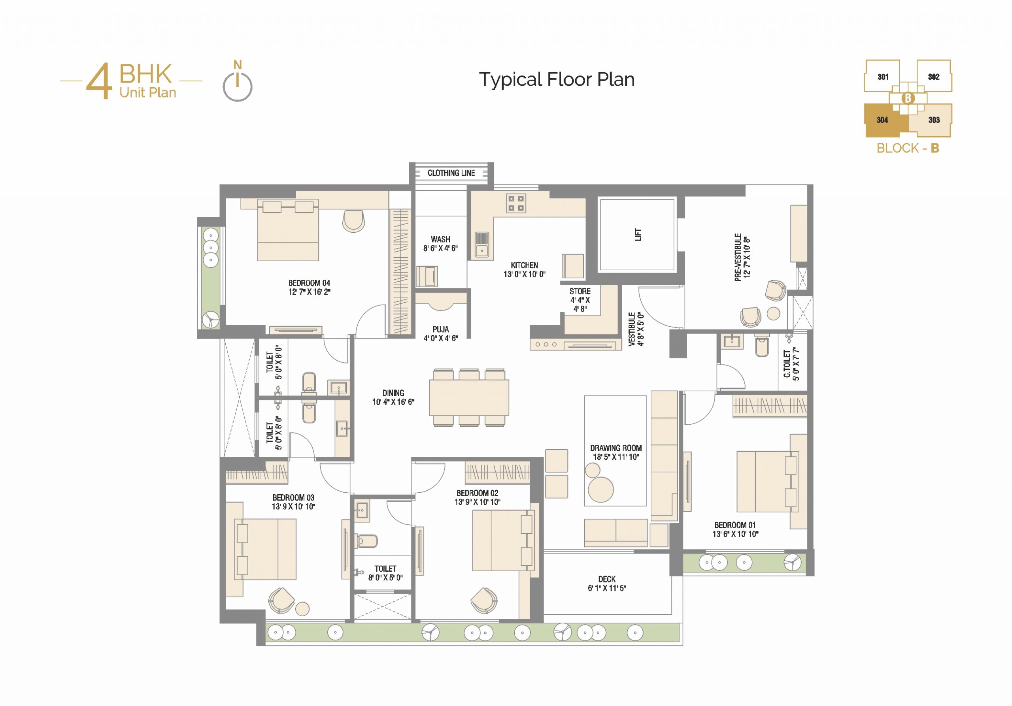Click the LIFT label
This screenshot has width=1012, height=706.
[638, 235]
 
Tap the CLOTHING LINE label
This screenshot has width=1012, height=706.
[451, 173]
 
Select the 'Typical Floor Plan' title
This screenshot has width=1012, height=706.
[557, 79]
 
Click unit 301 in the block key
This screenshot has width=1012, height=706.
[882, 77]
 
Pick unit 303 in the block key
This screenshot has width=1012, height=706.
[934, 120]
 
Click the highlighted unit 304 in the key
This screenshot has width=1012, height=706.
[882, 120]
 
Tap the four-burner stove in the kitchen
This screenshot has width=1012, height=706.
[516, 203]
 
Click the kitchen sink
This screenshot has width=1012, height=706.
[482, 245]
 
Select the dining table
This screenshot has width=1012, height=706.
[469, 398]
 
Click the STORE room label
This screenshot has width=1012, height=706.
[580, 291]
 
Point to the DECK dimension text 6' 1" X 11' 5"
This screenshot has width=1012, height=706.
[606, 588]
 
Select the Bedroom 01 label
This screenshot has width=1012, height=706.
[735, 525]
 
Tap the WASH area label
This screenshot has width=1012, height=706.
[440, 239]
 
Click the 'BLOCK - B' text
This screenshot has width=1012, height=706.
[908, 149]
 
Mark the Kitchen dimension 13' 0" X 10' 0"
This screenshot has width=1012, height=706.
[525, 274]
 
